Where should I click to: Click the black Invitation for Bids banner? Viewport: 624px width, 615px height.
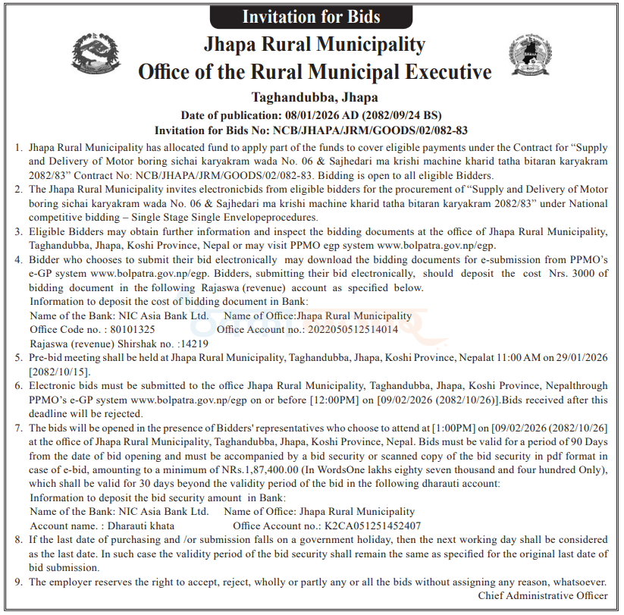pos(311,16)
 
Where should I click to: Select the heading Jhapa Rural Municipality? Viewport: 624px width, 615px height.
pos(314,44)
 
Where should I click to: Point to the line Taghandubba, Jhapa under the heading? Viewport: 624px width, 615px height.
pos(314,97)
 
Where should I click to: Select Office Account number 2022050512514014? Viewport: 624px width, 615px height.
pos(351,330)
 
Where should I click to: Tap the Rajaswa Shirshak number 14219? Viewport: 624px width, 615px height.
pos(193,344)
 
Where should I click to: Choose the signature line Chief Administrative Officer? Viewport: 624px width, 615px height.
pos(542,595)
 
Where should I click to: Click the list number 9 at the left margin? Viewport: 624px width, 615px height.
pos(18,582)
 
